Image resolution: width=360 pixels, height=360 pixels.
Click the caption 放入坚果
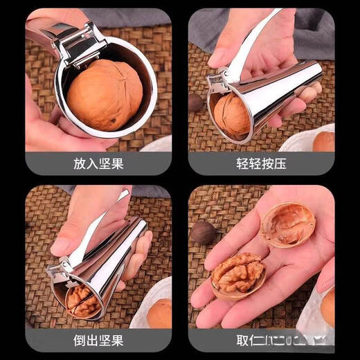click(x=99, y=163)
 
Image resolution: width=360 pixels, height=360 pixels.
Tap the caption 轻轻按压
click(x=260, y=163)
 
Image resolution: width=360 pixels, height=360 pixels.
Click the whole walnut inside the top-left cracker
click(x=105, y=96)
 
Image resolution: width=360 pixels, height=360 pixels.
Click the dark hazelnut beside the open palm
click(x=204, y=232)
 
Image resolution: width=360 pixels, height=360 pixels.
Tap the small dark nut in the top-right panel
click(x=197, y=102)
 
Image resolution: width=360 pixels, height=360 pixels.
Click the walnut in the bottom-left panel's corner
click(x=161, y=314)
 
